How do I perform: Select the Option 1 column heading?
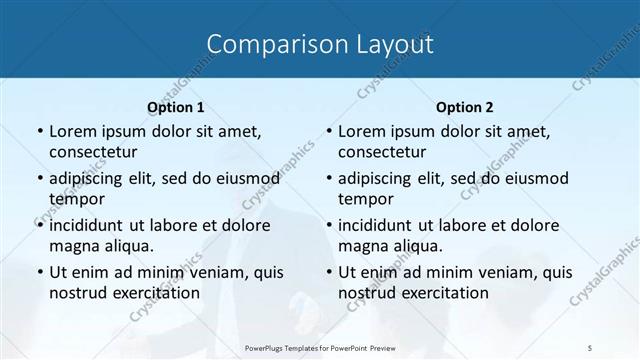[176, 107]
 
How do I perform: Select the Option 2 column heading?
[465, 107]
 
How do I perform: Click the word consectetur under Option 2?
[382, 152]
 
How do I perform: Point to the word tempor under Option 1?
[73, 199]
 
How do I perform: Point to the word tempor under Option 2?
[362, 199]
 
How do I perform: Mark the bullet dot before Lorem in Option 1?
[39, 132]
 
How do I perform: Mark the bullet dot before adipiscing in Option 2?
[328, 179]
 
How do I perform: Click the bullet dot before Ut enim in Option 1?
[39, 273]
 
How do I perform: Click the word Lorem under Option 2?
[361, 131]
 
